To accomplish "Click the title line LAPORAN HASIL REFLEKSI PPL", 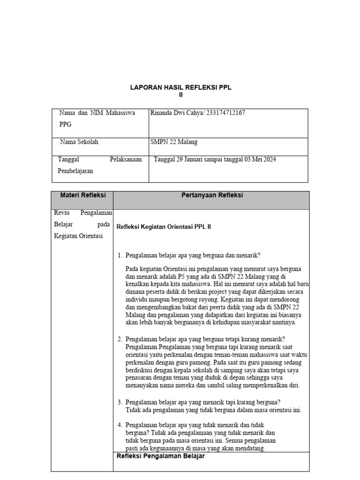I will click(x=180, y=88).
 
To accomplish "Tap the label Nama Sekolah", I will click(x=79, y=142).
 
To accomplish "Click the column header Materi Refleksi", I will click(x=82, y=195).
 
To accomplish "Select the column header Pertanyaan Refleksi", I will click(x=212, y=195).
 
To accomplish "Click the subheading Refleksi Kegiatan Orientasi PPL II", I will click(x=164, y=226).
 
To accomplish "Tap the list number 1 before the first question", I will click(x=120, y=255).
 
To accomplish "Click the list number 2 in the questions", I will click(x=120, y=339).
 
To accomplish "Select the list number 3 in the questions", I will click(x=120, y=402).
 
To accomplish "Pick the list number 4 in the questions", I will click(x=120, y=425).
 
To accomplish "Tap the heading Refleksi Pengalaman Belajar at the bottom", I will click(x=160, y=456).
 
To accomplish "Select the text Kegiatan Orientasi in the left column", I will click(x=78, y=235).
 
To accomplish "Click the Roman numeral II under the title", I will click(x=180, y=95).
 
